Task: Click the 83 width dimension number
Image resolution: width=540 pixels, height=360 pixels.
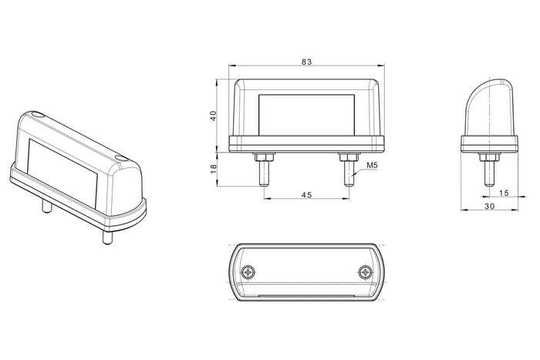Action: click(x=305, y=62)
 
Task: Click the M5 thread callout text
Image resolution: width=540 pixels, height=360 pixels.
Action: click(x=371, y=166)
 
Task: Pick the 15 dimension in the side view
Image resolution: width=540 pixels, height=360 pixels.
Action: click(x=503, y=193)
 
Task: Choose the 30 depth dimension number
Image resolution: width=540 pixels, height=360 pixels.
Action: click(x=489, y=207)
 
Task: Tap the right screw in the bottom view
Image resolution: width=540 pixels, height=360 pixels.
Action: click(x=365, y=271)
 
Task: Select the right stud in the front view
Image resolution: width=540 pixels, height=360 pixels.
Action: click(x=348, y=176)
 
